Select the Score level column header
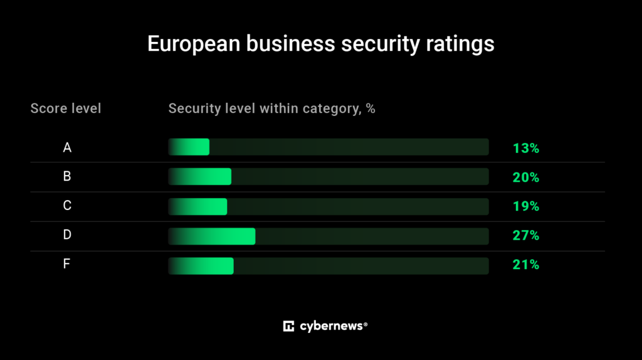click(x=66, y=109)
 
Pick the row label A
click(x=67, y=148)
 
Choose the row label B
click(x=67, y=177)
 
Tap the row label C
click(x=67, y=206)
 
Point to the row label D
click(x=67, y=235)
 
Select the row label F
click(x=67, y=264)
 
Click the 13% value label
click(x=525, y=149)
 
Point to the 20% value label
click(x=525, y=177)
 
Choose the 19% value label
click(x=525, y=206)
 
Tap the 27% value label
click(x=525, y=236)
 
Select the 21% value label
click(x=525, y=265)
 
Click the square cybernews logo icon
click(x=289, y=326)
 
